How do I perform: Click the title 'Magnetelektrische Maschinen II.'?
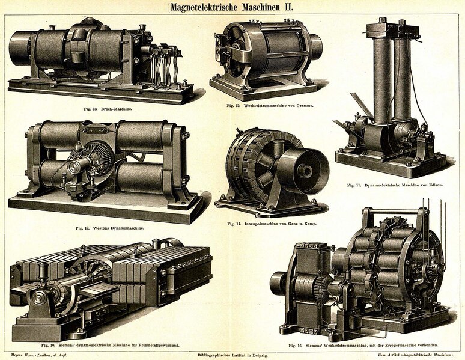pos(232,7)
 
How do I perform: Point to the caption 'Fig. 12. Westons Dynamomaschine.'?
pos(110,228)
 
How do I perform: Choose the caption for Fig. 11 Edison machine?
pos(395,185)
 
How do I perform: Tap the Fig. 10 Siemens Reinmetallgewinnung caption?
pos(110,345)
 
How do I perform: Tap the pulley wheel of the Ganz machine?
pos(305,171)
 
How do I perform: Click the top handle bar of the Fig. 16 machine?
pos(391,212)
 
